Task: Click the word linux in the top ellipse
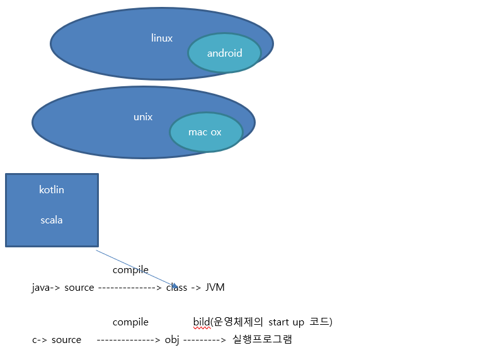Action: tap(162, 38)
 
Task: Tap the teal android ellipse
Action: tap(224, 53)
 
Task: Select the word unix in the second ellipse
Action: tap(143, 117)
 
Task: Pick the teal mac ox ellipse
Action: tap(205, 132)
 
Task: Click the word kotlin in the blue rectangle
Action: tap(52, 189)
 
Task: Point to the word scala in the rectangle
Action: tap(52, 220)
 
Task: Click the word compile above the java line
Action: tap(130, 270)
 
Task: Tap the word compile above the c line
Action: tap(130, 322)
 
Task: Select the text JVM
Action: tap(215, 288)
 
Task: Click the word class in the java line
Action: tap(177, 288)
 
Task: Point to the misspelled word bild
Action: tap(201, 322)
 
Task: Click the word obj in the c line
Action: tap(172, 340)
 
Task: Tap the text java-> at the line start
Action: tap(45, 288)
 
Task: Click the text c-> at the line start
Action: tap(39, 340)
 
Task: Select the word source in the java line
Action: tap(79, 288)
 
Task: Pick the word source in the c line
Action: tap(66, 340)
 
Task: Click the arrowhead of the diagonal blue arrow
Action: tap(175, 286)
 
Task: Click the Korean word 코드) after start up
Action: tap(321, 322)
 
